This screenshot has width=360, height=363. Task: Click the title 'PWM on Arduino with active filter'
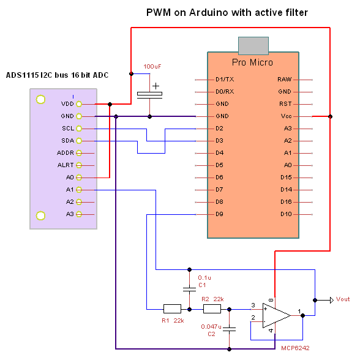(227, 12)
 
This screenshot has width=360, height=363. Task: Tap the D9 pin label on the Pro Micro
(219, 214)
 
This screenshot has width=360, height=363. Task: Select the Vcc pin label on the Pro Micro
(286, 116)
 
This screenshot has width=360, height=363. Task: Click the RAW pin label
(285, 80)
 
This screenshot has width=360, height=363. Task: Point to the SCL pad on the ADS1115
(79, 129)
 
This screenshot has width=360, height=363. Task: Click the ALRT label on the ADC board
(66, 165)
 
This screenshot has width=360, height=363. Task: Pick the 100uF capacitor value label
(152, 67)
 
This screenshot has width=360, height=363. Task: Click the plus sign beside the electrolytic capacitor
(156, 86)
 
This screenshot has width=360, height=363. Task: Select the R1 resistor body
(172, 309)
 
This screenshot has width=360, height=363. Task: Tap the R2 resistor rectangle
(212, 309)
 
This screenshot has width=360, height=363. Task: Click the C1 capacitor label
(202, 285)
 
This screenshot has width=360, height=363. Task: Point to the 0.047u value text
(211, 327)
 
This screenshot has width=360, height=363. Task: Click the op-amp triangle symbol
(276, 315)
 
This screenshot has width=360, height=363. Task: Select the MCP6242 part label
(295, 348)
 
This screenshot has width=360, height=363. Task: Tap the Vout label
(343, 299)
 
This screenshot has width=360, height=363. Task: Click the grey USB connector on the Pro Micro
(253, 46)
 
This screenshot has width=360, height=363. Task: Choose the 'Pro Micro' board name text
(252, 62)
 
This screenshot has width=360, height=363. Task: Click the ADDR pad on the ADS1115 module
(79, 153)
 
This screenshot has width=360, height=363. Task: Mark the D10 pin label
(286, 214)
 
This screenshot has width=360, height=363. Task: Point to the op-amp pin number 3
(253, 305)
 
